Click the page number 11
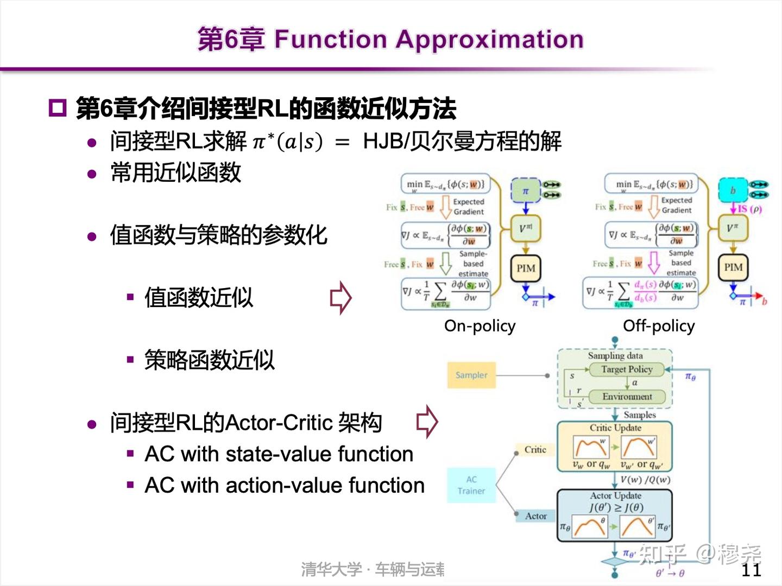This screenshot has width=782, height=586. [751, 569]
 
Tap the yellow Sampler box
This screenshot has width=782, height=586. [471, 375]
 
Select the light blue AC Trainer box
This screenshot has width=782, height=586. [471, 485]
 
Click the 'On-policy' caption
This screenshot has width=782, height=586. [480, 326]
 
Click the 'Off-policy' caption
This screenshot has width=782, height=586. [658, 326]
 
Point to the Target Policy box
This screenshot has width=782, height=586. [626, 369]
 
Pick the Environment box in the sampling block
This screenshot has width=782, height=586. [627, 397]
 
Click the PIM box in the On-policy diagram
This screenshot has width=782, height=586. [525, 268]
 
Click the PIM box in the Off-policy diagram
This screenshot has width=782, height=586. [733, 267]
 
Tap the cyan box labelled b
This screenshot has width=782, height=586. [733, 190]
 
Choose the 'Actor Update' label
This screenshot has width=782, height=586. [615, 495]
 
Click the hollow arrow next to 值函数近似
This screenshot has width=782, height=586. [340, 297]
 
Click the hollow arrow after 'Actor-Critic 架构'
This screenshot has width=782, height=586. [427, 421]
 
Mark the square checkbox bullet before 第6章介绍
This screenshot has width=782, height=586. [57, 108]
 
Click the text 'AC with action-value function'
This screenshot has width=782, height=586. [284, 485]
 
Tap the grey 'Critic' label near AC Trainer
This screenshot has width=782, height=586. [535, 449]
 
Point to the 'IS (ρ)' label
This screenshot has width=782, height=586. [749, 209]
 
